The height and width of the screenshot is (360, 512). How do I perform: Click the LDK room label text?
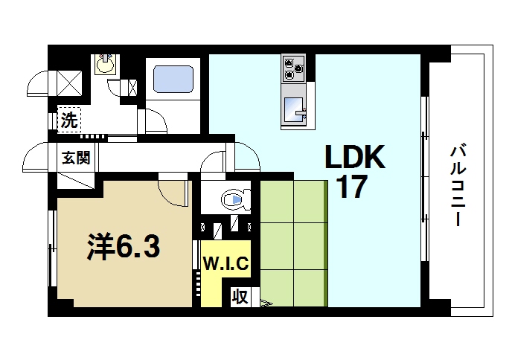point(355,157)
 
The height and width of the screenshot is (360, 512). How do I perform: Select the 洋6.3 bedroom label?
point(124,247)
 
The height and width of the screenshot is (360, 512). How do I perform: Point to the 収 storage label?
point(240,297)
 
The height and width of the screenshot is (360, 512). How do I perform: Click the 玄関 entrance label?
point(75,158)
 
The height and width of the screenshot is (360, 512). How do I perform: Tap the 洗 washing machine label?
point(69,120)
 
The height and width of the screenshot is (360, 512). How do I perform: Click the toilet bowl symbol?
point(233,199)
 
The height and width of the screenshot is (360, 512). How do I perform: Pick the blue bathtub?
point(173,78)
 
